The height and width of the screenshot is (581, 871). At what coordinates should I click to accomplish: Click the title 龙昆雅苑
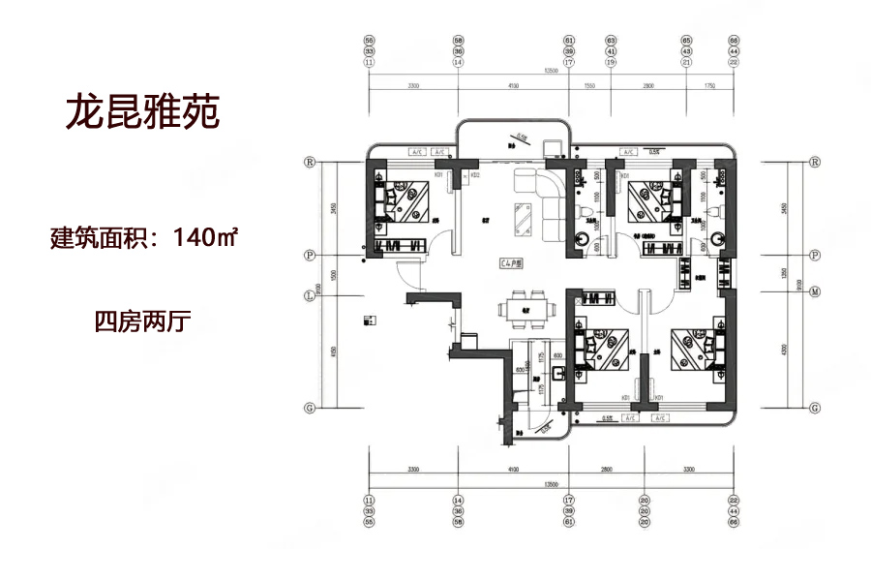143,112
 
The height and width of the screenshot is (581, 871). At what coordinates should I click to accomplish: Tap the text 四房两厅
141,321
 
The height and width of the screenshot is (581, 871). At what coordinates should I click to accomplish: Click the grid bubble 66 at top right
732,40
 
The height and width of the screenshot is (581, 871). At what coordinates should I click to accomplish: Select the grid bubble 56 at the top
369,40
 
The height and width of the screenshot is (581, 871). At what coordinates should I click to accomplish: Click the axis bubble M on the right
815,290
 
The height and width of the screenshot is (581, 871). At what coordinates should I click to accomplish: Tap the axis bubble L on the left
310,294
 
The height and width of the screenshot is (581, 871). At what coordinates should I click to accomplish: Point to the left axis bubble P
310,255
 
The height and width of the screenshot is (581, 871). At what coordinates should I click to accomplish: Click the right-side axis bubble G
815,408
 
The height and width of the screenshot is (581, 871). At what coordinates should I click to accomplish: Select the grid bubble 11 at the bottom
369,501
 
